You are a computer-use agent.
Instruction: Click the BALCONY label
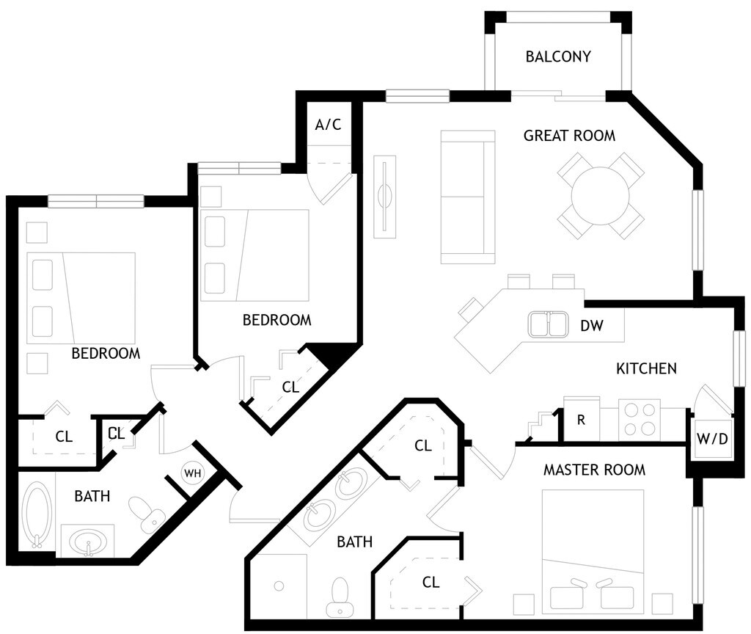(558, 57)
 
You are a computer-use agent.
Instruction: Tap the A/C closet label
(328, 124)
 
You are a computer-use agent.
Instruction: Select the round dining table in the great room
(601, 195)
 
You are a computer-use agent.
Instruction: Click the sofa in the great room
(467, 197)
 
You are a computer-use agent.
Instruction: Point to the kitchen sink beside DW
(548, 324)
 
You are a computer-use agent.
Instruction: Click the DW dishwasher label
(591, 326)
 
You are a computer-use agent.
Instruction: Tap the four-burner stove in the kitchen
(639, 419)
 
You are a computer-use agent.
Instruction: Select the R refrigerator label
(581, 420)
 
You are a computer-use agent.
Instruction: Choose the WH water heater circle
(193, 473)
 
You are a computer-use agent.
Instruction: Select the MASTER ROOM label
(594, 470)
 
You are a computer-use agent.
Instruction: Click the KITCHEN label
(646, 368)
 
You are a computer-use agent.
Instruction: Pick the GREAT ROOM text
(569, 136)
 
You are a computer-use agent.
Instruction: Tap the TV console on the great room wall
(385, 196)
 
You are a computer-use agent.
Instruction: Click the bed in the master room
(593, 550)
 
